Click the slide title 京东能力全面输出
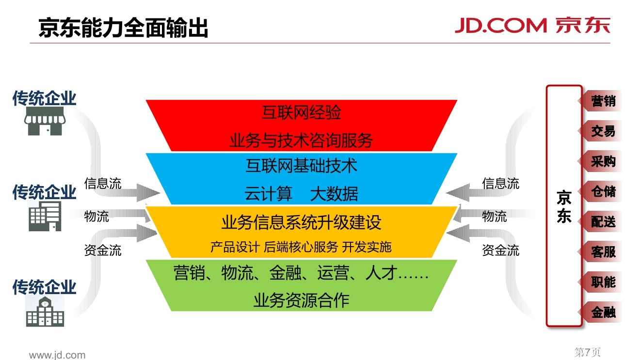(123, 28)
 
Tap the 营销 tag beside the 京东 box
(603, 101)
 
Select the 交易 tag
(603, 131)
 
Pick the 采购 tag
(603, 161)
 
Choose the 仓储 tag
(603, 191)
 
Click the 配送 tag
(603, 222)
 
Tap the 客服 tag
(603, 252)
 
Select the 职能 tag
(603, 282)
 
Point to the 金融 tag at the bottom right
(603, 313)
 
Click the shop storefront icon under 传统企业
(44, 122)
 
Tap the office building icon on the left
(45, 216)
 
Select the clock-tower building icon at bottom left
(45, 311)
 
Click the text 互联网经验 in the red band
(301, 112)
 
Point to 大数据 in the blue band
(334, 194)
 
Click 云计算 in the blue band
(269, 194)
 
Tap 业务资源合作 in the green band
(301, 300)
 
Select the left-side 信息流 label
(103, 184)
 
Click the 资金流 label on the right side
(500, 250)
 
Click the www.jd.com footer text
(57, 355)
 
